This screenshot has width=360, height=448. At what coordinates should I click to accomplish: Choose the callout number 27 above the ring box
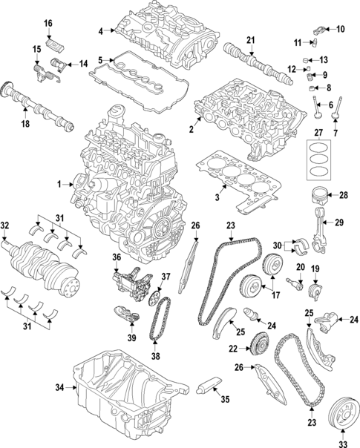point(320,134)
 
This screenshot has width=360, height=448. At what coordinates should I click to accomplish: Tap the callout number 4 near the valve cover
point(101,30)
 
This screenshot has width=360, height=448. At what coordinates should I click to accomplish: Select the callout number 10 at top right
point(341,29)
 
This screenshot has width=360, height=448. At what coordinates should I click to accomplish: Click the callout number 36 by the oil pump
point(117,257)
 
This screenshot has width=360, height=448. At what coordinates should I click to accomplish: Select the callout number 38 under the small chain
point(154,355)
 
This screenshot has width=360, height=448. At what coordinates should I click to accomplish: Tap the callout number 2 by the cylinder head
point(191,130)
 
